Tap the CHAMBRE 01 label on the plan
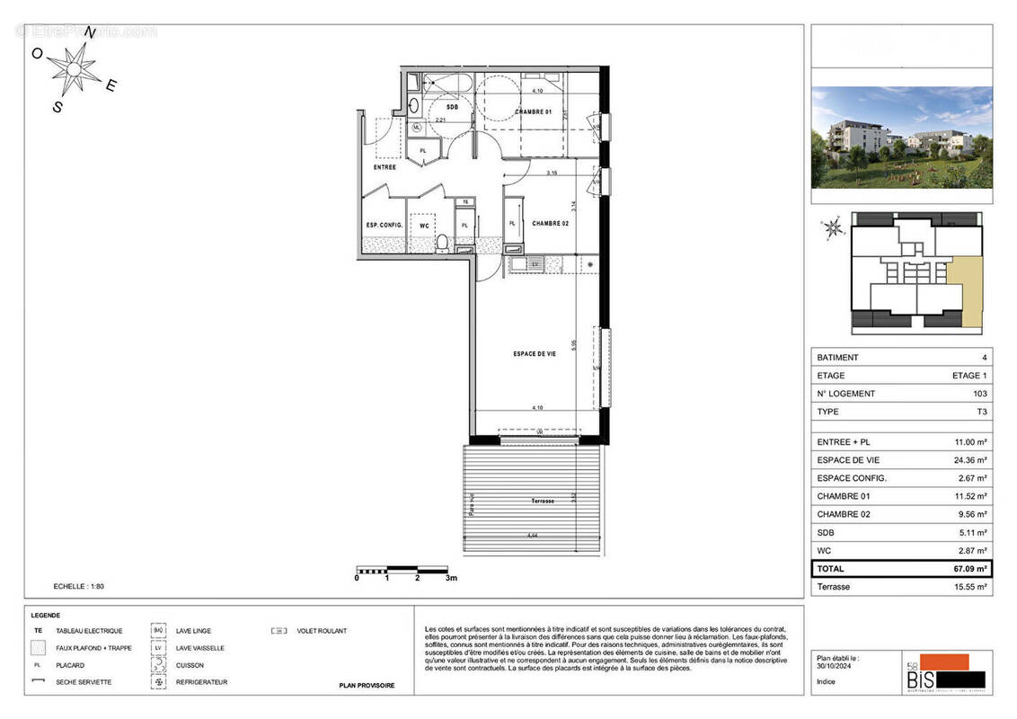533,112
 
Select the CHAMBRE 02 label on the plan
551,224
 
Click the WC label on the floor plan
422,225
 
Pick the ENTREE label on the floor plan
385,167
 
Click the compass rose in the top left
75,67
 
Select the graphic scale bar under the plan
402,569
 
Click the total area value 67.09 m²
969,569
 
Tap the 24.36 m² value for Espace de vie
969,460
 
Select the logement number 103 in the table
979,394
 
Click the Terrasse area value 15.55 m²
969,587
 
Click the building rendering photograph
901,137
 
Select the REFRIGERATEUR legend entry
201,682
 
